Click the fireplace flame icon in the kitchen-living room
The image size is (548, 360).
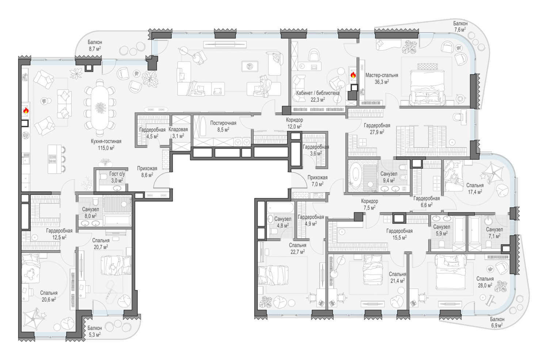click(x=26, y=111)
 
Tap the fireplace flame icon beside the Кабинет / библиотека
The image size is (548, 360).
click(x=353, y=75)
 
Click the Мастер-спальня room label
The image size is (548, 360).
click(x=382, y=75)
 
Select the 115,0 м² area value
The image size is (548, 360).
click(x=106, y=148)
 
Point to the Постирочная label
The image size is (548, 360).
click(x=223, y=123)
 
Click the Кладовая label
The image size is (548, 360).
click(x=178, y=129)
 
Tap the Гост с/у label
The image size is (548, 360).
click(x=117, y=174)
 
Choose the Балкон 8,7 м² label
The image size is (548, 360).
click(x=95, y=46)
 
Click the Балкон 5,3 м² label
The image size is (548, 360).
click(x=94, y=331)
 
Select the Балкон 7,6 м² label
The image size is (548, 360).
click(x=460, y=27)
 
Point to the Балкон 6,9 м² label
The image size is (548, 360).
click(x=497, y=322)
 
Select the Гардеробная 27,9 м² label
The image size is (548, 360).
click(x=377, y=129)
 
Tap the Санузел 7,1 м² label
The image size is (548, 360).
click(x=494, y=232)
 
